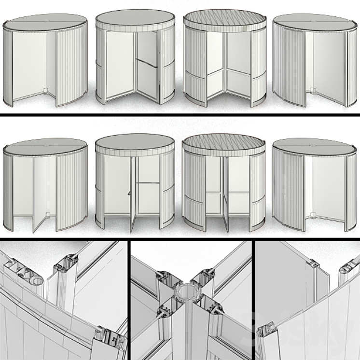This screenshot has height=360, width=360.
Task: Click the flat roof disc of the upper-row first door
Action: tap(46, 22)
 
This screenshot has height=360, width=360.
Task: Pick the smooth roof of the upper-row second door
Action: tap(135, 20)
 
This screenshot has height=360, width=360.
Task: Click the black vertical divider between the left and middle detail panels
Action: tap(129, 299)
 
